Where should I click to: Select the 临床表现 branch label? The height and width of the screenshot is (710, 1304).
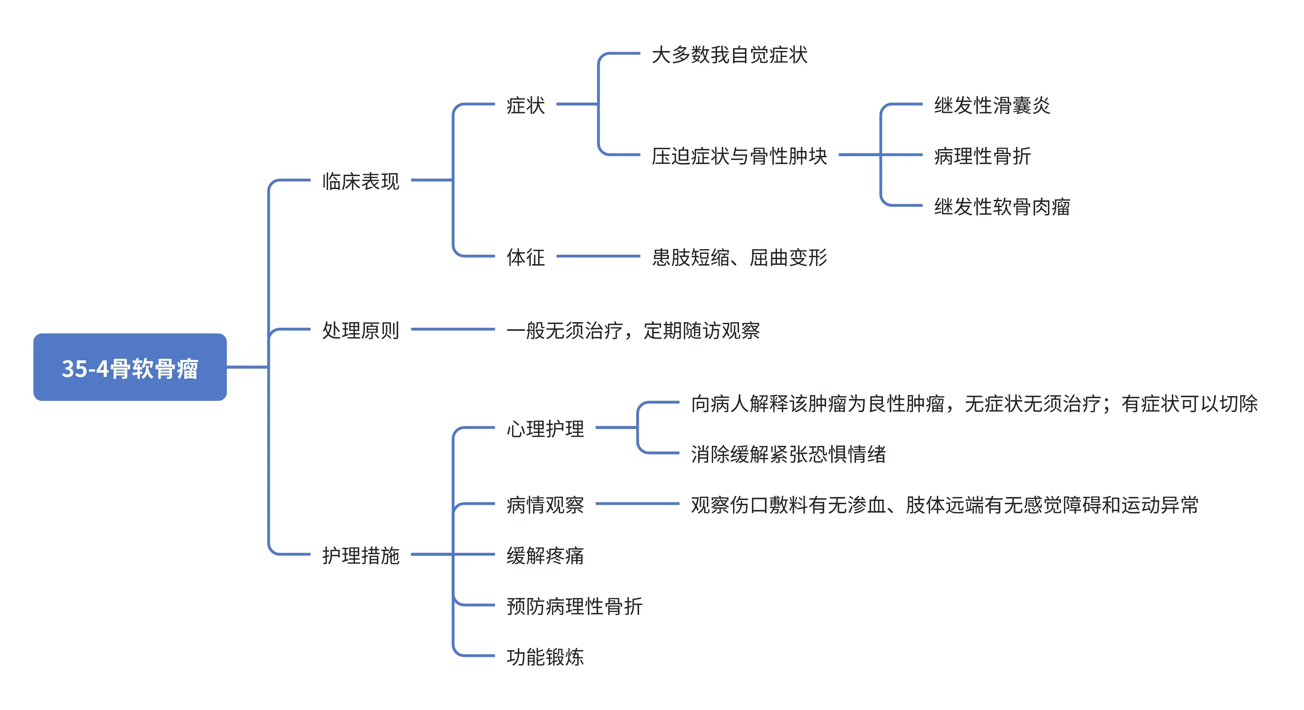pyautogui.click(x=361, y=181)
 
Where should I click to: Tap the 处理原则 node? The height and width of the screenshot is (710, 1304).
pyautogui.click(x=361, y=330)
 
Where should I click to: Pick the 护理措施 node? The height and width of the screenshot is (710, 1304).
pyautogui.click(x=361, y=555)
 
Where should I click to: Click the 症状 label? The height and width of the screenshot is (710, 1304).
pyautogui.click(x=526, y=105)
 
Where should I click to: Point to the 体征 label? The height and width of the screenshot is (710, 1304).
pyautogui.click(x=526, y=257)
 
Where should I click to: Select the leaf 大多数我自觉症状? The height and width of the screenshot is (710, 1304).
pyautogui.click(x=729, y=55)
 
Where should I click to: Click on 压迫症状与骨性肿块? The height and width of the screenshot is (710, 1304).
pyautogui.click(x=739, y=156)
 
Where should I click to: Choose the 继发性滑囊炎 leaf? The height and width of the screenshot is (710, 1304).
pyautogui.click(x=992, y=105)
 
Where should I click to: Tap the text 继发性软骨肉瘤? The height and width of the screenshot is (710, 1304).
pyautogui.click(x=1002, y=207)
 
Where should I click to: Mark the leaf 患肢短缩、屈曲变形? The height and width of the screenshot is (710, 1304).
pyautogui.click(x=739, y=257)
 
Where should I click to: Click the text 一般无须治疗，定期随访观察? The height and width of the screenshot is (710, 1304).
pyautogui.click(x=633, y=330)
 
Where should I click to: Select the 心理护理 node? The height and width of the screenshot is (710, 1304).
pyautogui.click(x=545, y=429)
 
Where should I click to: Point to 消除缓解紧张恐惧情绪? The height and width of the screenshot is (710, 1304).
pyautogui.click(x=788, y=454)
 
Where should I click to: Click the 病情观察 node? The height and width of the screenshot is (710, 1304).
pyautogui.click(x=545, y=505)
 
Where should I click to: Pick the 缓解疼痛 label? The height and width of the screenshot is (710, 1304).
pyautogui.click(x=545, y=555)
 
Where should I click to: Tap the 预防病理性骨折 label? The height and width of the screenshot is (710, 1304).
pyautogui.click(x=574, y=606)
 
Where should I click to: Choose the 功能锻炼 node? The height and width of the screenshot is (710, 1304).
pyautogui.click(x=545, y=656)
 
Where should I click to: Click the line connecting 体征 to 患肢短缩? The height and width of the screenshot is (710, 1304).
pyautogui.click(x=598, y=256)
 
